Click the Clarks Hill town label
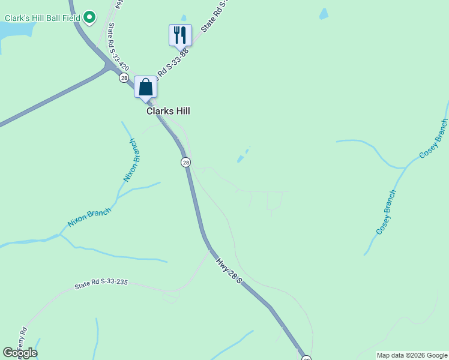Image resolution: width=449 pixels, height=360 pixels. click(x=168, y=111)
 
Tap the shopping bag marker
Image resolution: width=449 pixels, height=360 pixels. click(x=145, y=87)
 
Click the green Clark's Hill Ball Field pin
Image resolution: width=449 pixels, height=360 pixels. click(x=89, y=17)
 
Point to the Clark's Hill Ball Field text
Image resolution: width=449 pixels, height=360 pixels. click(x=42, y=18)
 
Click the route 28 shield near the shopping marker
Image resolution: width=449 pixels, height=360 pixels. click(x=124, y=78)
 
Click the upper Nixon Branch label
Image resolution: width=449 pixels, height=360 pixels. click(x=131, y=160)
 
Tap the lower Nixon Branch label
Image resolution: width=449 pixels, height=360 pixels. click(x=89, y=217)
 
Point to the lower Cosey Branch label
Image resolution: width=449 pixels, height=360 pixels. click(x=386, y=212)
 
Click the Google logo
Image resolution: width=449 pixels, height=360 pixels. click(x=20, y=353)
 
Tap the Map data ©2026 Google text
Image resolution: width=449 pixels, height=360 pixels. click(x=412, y=355)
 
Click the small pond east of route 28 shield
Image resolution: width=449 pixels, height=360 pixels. click(x=241, y=159)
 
